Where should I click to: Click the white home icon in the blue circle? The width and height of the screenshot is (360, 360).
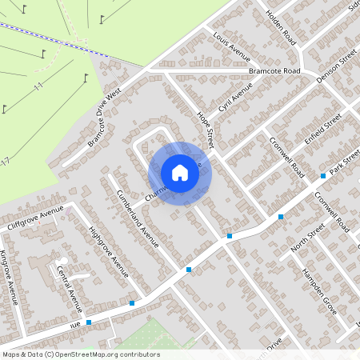[180, 173]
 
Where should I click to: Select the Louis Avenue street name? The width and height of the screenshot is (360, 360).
[231, 48]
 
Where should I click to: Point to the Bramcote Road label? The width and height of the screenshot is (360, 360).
[274, 71]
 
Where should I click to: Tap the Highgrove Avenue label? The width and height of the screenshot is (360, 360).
[109, 251]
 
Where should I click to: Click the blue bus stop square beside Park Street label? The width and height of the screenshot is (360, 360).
[323, 175]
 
